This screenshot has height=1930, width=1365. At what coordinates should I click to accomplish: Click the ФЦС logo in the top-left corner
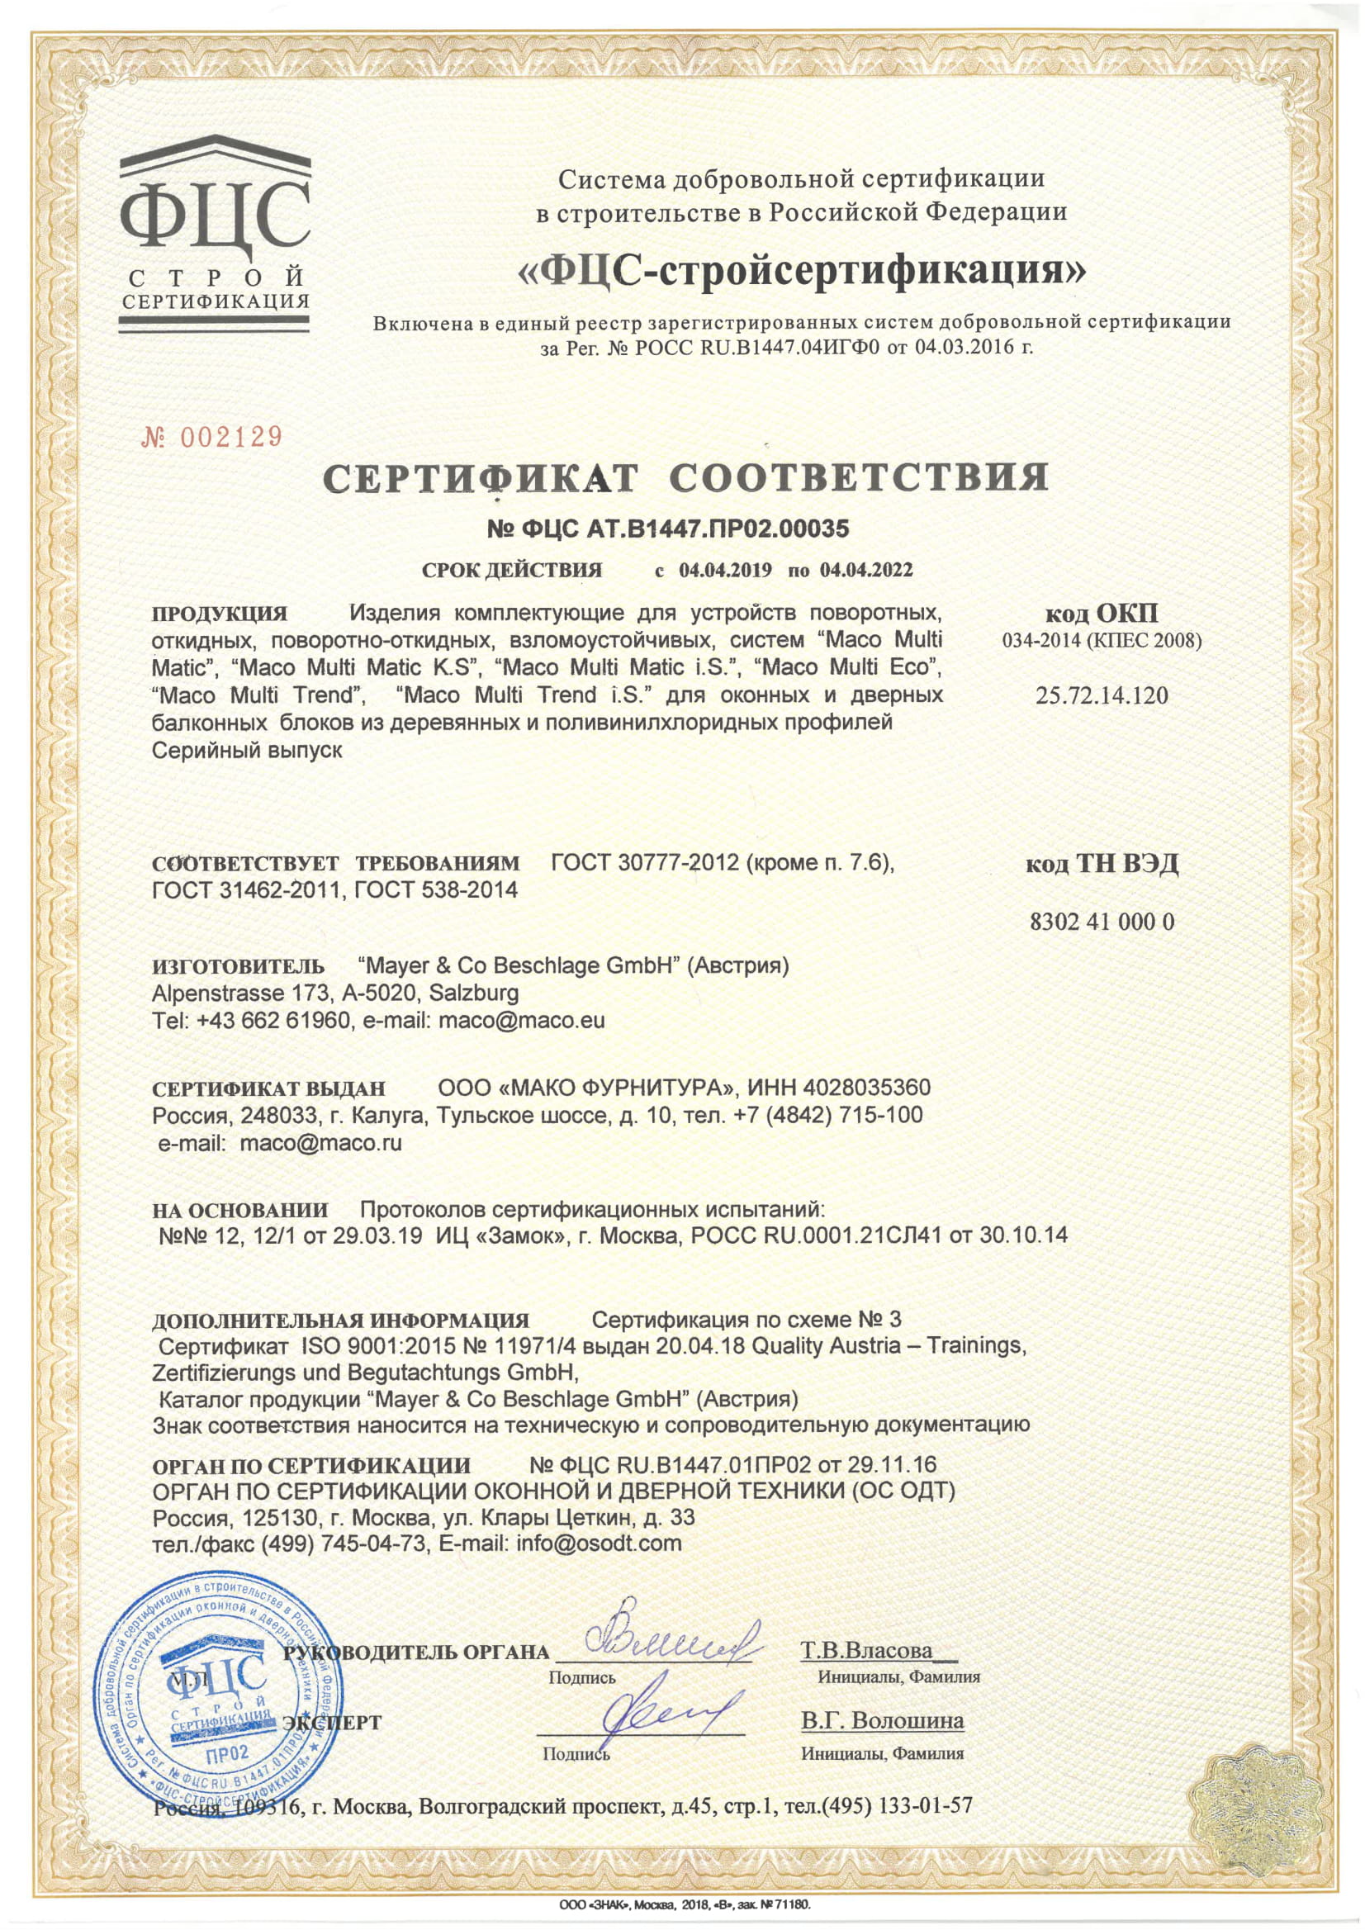(x=216, y=226)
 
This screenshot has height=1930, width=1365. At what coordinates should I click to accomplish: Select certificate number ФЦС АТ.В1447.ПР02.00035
(x=668, y=528)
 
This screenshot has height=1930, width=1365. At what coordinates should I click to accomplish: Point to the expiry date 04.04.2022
(x=865, y=570)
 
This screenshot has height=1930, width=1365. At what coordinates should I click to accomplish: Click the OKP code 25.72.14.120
(x=1102, y=696)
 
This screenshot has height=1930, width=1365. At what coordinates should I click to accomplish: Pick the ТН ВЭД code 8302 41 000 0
(x=1102, y=922)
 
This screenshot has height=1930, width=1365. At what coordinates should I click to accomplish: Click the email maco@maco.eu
(x=521, y=1021)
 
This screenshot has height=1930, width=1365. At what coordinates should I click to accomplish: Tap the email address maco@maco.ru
(x=320, y=1143)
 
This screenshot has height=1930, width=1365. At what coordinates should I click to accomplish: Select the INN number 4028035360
(x=866, y=1087)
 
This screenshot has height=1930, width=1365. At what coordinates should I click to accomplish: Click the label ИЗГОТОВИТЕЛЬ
(x=238, y=966)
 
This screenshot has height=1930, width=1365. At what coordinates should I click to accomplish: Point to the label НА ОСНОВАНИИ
(x=240, y=1211)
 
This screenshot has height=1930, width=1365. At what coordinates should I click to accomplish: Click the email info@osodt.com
(x=599, y=1544)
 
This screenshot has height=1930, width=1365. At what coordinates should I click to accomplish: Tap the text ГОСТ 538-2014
(x=436, y=889)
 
